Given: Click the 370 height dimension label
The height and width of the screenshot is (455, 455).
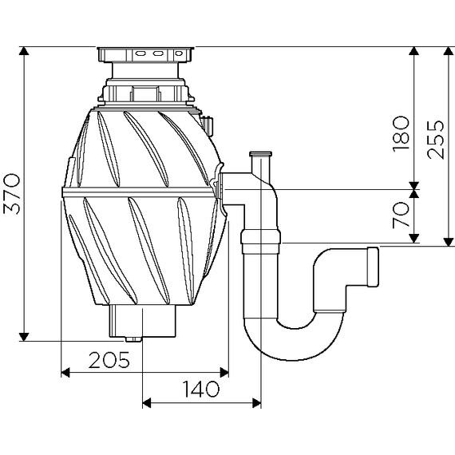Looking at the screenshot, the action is coord(12,194).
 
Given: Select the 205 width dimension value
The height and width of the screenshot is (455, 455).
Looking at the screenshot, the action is coord(109,360).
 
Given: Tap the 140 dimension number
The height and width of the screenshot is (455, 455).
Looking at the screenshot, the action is coord(200,389).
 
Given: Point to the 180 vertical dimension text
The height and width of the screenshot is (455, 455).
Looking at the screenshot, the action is coord(401,134).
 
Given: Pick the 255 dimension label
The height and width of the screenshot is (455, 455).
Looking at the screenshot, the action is coord(435,140).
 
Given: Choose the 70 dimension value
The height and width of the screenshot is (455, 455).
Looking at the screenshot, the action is coord(401,215).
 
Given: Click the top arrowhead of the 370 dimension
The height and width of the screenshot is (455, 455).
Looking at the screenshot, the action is coord(24,51).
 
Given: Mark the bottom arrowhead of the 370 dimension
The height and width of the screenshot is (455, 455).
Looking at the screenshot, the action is coord(24,337).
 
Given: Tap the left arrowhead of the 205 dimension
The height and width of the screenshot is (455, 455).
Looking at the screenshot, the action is coord(65,372).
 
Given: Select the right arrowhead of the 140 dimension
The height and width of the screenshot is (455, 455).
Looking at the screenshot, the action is coord(256,403).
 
